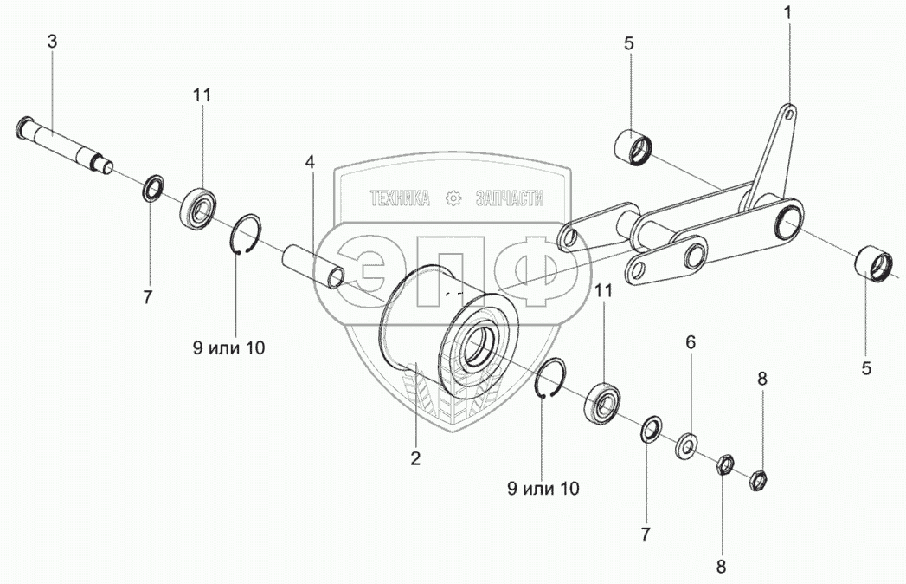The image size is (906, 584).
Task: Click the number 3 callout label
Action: (x=52, y=42)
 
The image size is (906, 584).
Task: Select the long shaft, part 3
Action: (x=63, y=145)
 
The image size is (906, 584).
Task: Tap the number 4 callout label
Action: (x=311, y=163)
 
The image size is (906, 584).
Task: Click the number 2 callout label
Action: (x=415, y=459)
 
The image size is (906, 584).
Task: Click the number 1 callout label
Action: (x=787, y=13)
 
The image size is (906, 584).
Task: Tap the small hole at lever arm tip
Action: (x=788, y=114)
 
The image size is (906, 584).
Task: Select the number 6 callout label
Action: (x=691, y=342)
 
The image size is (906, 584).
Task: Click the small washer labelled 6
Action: (x=687, y=445)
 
